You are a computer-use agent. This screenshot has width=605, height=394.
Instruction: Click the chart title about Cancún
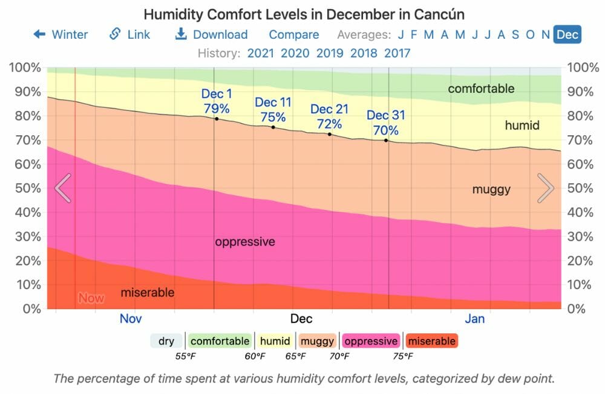[x=304, y=14]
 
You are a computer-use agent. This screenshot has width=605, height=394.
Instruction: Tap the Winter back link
[x=60, y=35]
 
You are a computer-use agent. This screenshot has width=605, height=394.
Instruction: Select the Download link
[x=211, y=35]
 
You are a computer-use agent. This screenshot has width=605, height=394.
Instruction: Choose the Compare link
[x=294, y=35]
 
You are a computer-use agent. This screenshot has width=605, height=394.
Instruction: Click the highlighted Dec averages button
[x=567, y=35]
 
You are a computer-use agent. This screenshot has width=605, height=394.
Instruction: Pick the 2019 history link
[x=330, y=53]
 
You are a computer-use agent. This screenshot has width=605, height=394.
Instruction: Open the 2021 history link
[x=261, y=53]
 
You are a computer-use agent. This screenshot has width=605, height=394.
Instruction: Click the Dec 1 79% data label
[x=217, y=101]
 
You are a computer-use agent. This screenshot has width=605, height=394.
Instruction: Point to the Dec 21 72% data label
[x=330, y=116]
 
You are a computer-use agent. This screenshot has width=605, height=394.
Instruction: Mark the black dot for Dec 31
[x=387, y=141]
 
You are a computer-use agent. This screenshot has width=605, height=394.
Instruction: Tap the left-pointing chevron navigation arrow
[x=63, y=188]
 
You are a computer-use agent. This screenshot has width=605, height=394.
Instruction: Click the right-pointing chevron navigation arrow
[x=546, y=188]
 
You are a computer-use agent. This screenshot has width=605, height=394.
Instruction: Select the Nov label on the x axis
[x=131, y=319]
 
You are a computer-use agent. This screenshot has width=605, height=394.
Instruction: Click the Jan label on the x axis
[x=475, y=319]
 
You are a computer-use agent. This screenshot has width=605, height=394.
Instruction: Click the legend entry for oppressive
[x=371, y=341]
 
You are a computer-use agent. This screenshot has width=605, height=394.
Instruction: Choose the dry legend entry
[x=166, y=341]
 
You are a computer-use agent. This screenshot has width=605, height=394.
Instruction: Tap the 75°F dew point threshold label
[x=404, y=356]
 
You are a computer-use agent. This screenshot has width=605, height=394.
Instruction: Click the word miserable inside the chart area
[x=148, y=293]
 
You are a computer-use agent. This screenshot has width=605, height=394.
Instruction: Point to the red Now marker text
[x=91, y=298]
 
